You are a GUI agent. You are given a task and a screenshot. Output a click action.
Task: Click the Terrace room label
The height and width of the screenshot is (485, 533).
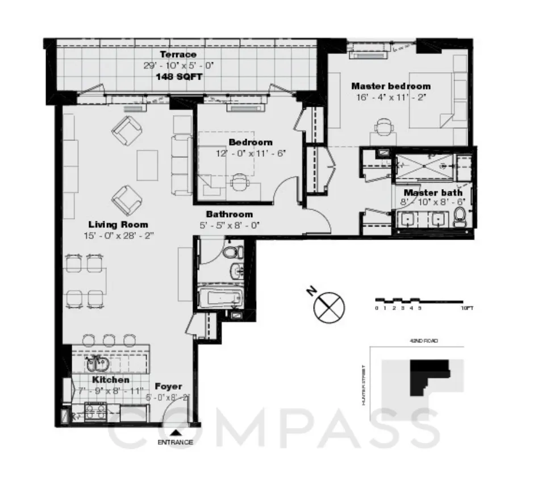[170, 55]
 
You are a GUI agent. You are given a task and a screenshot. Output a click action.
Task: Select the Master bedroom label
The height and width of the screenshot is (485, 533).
[390, 86]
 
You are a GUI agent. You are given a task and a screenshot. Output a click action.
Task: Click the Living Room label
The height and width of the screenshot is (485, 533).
[118, 224]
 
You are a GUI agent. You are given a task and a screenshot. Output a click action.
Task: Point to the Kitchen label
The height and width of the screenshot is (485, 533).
[110, 379]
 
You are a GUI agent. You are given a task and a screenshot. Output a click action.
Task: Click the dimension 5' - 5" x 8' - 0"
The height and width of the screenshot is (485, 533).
[229, 225]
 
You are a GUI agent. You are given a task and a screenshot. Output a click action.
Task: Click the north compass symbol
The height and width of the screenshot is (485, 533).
[329, 307]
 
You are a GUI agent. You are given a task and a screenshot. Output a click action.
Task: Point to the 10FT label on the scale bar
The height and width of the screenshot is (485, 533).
[467, 308]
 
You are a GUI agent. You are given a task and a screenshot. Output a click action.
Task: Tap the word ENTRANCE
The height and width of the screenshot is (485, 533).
[175, 442]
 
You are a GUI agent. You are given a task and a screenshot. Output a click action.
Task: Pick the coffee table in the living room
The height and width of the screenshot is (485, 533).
[147, 165]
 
